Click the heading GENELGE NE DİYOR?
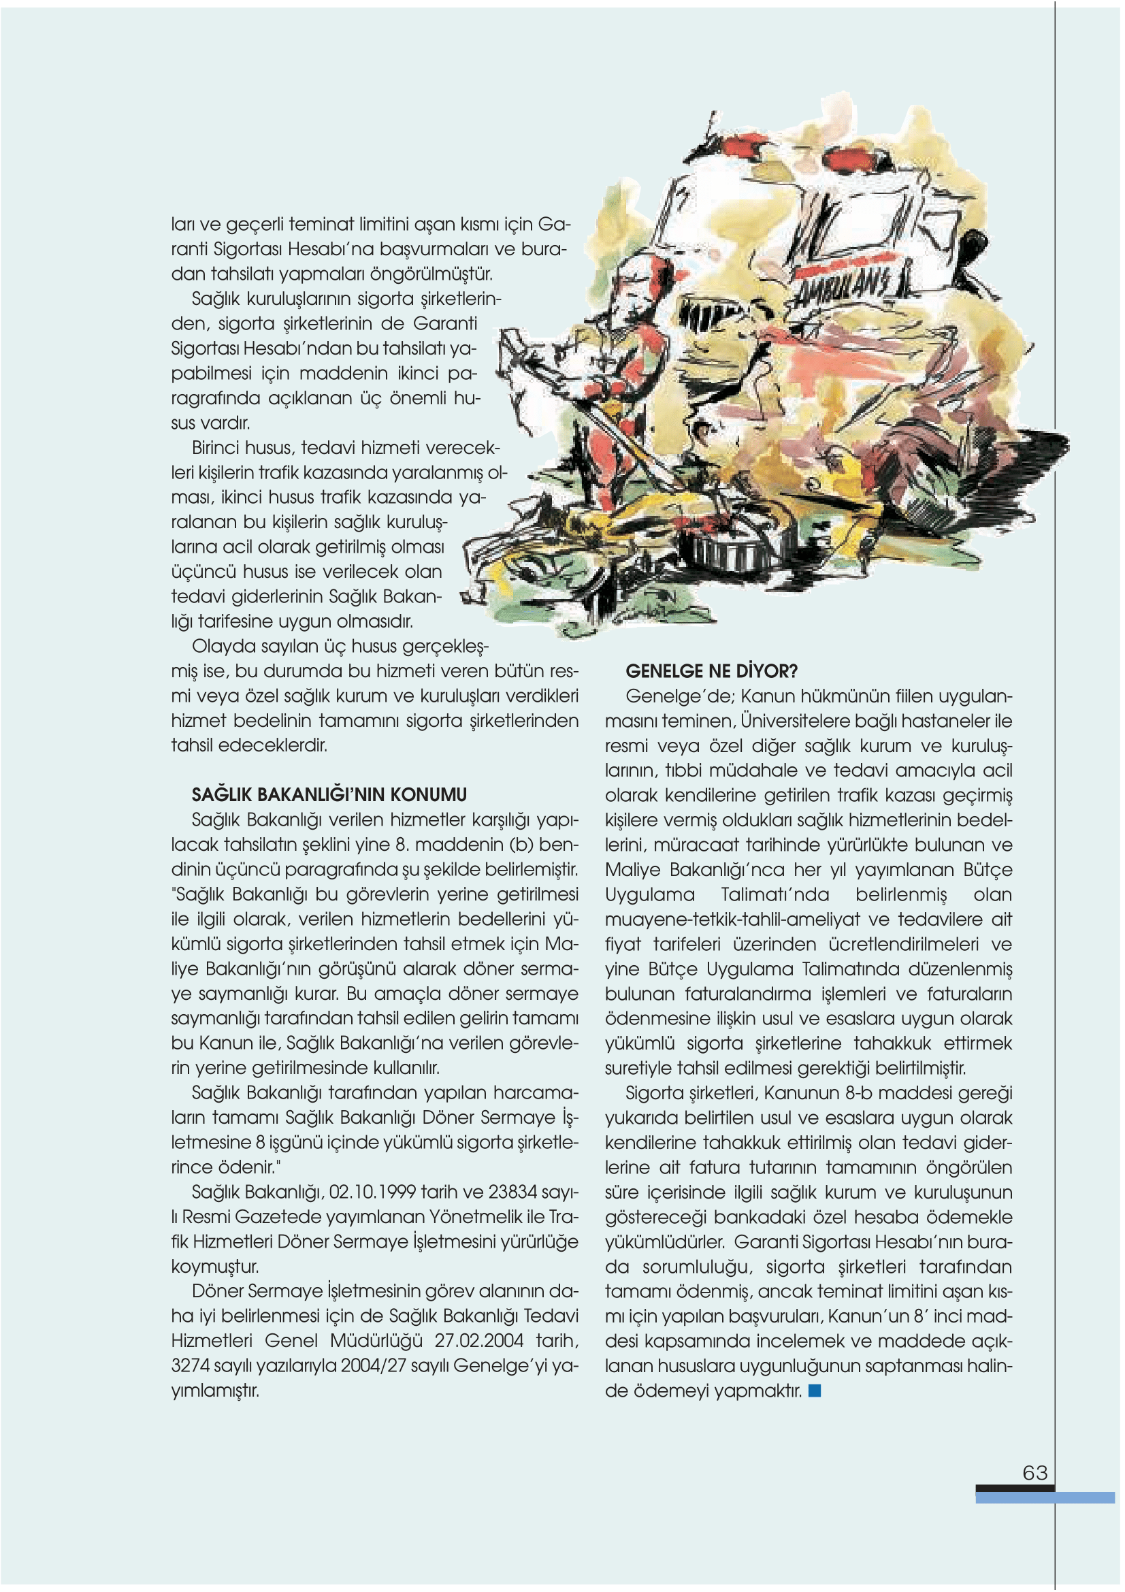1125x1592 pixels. click(x=711, y=671)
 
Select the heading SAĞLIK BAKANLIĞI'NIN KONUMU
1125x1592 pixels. click(x=329, y=794)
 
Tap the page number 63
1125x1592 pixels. click(x=1035, y=1473)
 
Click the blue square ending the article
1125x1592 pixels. click(x=815, y=1391)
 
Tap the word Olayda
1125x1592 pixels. click(x=221, y=646)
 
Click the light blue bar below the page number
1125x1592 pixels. click(x=1045, y=1497)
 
